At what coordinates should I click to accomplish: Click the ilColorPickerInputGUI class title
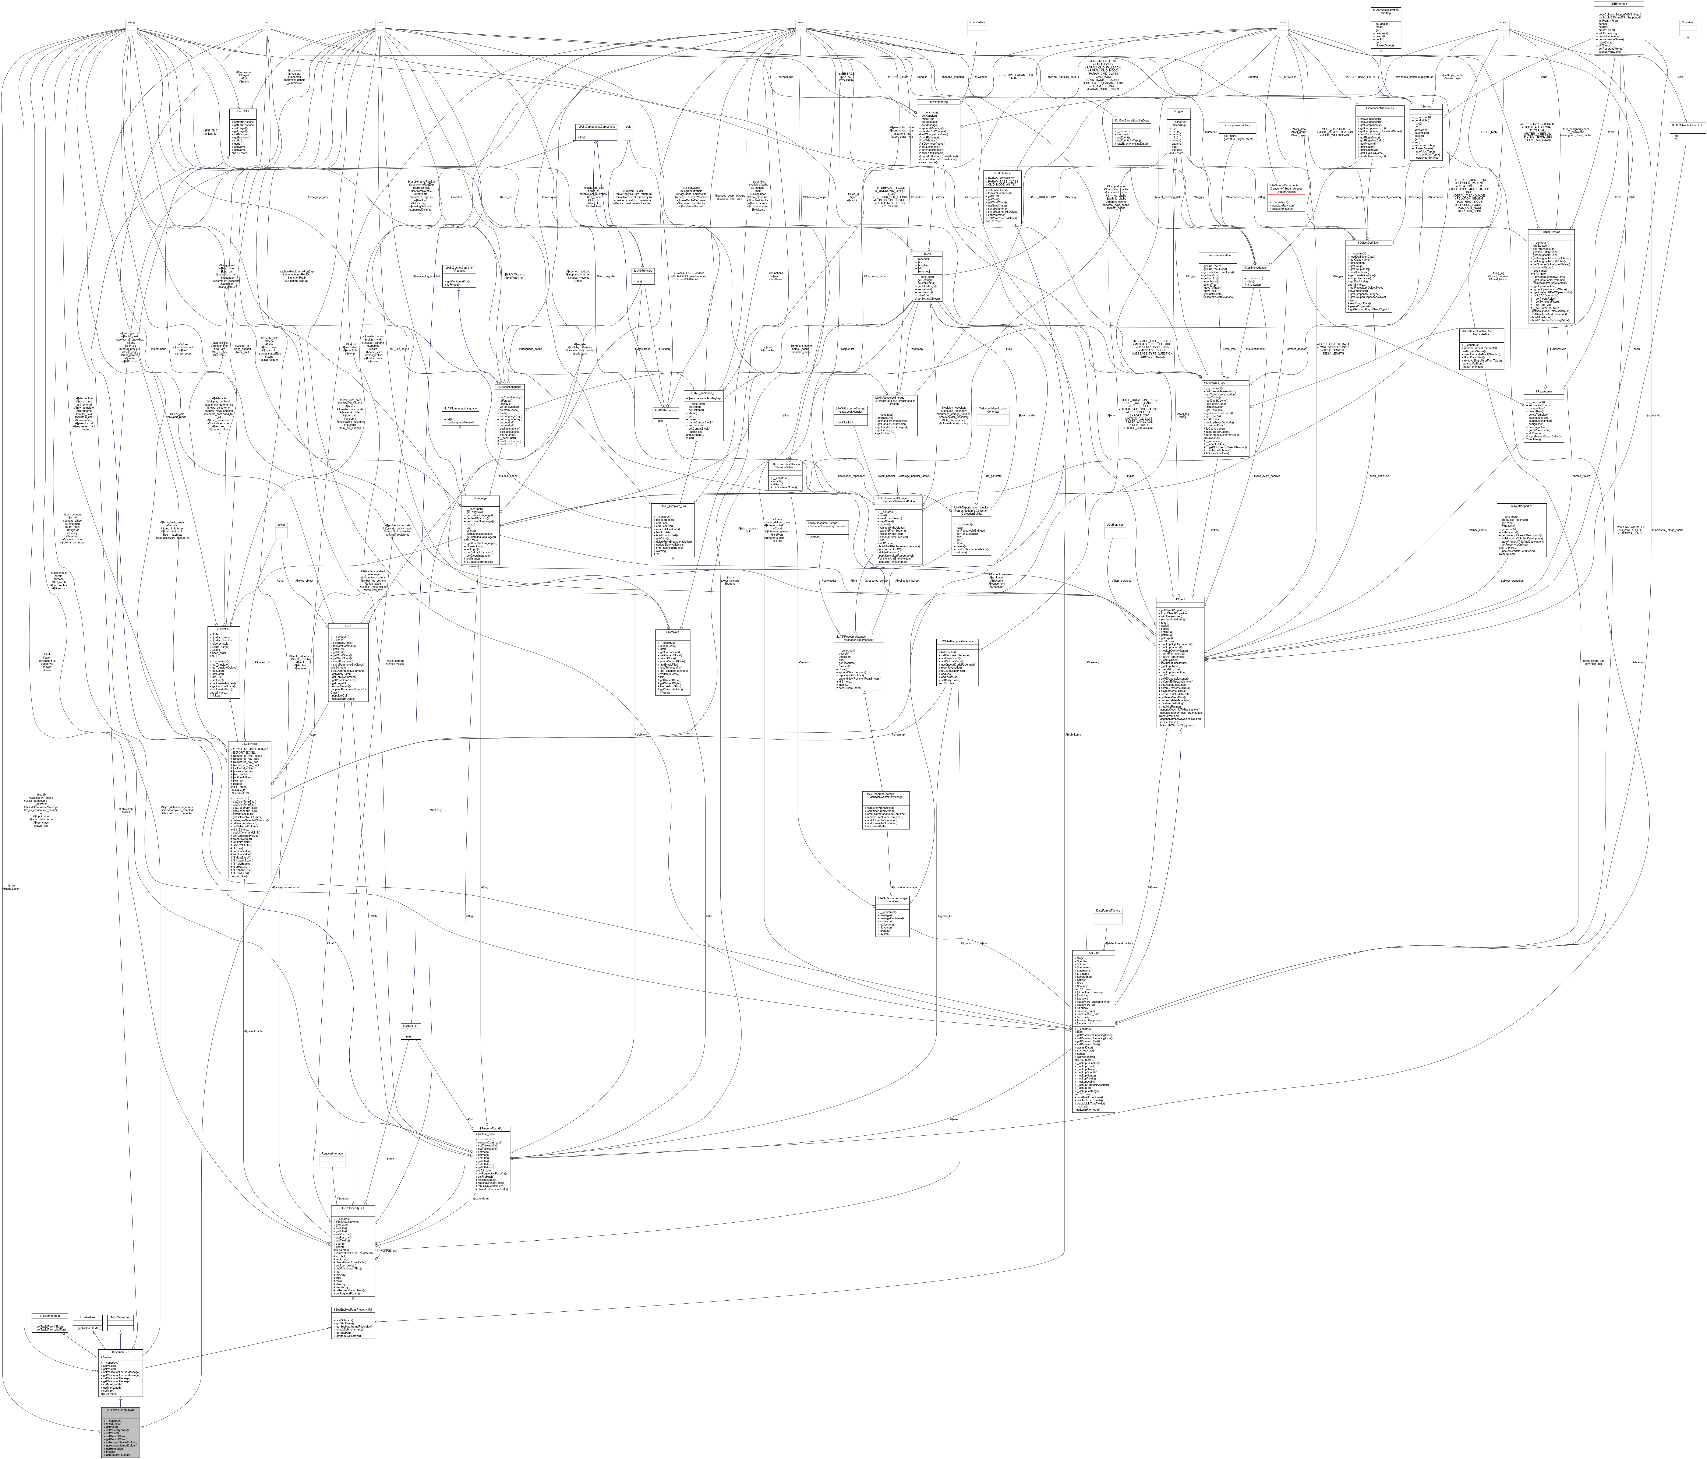click(x=120, y=1410)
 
